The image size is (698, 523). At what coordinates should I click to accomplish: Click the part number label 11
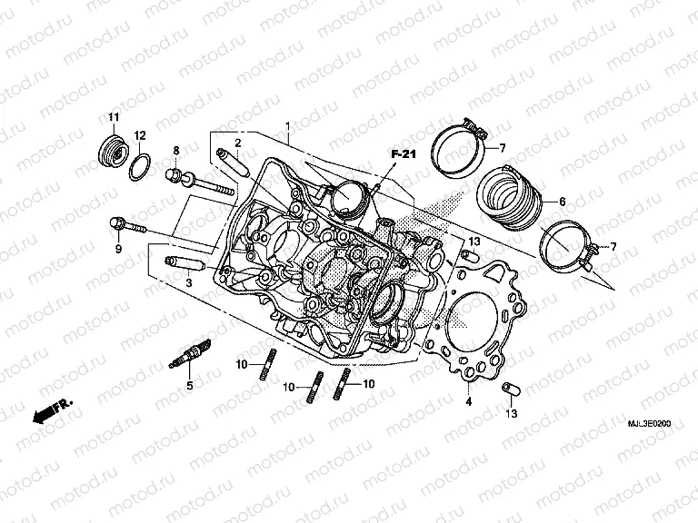114,118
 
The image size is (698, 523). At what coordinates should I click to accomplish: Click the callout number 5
190,386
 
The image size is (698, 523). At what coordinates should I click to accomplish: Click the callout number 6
563,202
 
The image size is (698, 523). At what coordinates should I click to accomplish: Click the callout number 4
469,400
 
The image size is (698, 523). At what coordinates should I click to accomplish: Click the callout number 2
238,143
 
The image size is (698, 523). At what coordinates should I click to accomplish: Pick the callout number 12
140,135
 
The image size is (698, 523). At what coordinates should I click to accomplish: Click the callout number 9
117,248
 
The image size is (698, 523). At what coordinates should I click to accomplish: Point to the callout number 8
176,150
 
